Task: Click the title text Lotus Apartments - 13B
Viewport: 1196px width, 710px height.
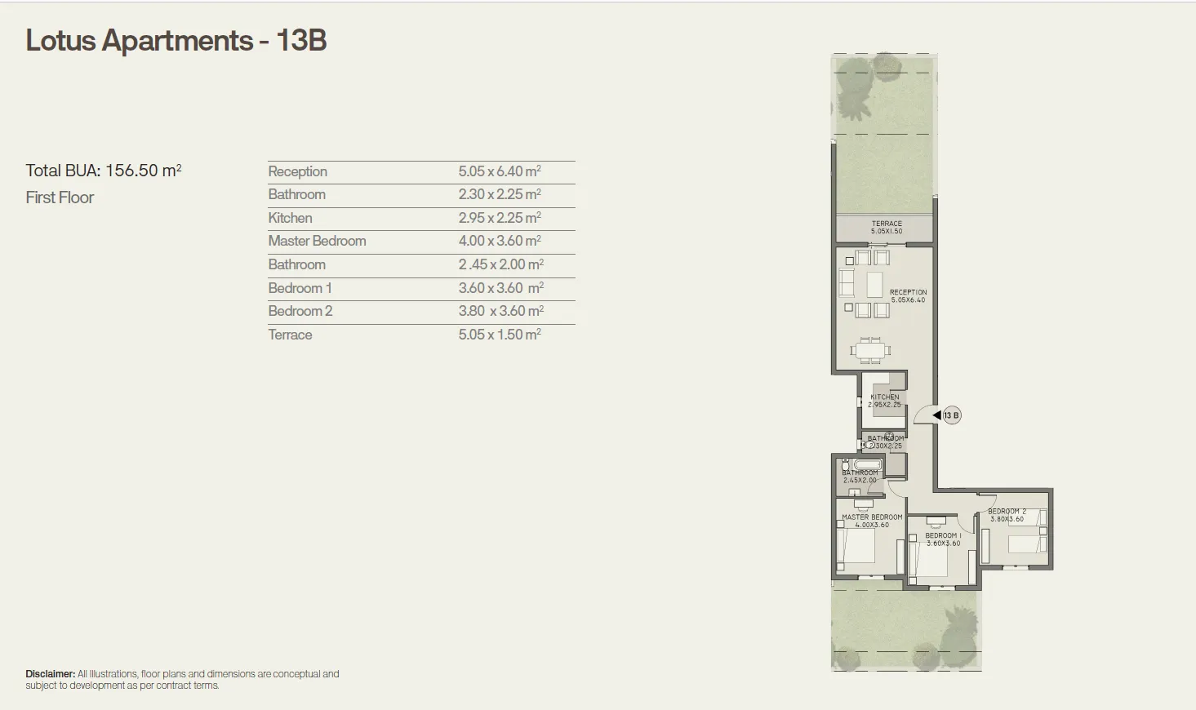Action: [176, 41]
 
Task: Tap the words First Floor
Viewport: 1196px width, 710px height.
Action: [60, 197]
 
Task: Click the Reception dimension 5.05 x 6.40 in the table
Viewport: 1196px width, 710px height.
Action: [499, 171]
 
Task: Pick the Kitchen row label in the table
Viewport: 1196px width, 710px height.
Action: [290, 218]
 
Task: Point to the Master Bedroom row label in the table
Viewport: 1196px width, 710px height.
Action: [317, 241]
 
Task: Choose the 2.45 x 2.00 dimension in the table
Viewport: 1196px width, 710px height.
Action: [500, 264]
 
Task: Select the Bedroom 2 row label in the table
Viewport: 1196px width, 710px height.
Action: [300, 311]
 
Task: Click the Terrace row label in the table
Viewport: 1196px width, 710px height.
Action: [290, 335]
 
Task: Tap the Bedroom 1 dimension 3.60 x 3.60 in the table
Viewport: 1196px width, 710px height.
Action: [500, 288]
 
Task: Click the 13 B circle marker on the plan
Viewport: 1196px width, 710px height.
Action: [951, 415]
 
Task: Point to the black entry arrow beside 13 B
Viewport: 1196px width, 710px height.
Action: [936, 415]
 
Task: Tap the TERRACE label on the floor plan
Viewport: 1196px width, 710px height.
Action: [887, 224]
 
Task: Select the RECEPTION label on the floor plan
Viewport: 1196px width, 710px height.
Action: [908, 292]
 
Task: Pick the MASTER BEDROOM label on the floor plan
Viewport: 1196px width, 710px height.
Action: [872, 517]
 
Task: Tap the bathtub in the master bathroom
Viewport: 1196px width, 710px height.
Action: [860, 464]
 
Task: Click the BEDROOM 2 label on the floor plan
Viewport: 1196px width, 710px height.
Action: [1007, 512]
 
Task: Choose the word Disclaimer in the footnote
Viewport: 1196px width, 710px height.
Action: [50, 674]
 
